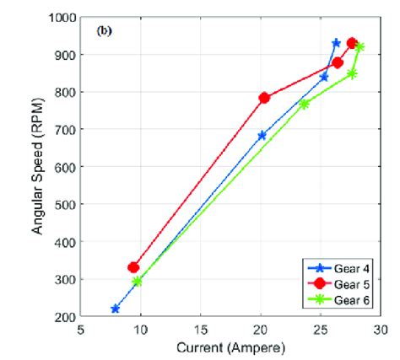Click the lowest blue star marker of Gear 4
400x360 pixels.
point(116,309)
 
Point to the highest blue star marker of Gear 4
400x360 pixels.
point(336,43)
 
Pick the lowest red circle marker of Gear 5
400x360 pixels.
point(133,267)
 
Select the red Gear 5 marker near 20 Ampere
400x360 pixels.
point(264,98)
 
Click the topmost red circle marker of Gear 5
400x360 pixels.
point(352,43)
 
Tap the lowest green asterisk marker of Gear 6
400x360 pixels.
point(138,282)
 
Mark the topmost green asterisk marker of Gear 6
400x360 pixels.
point(359,47)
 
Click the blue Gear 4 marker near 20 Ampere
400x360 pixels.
point(262,135)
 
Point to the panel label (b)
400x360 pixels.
point(105,31)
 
